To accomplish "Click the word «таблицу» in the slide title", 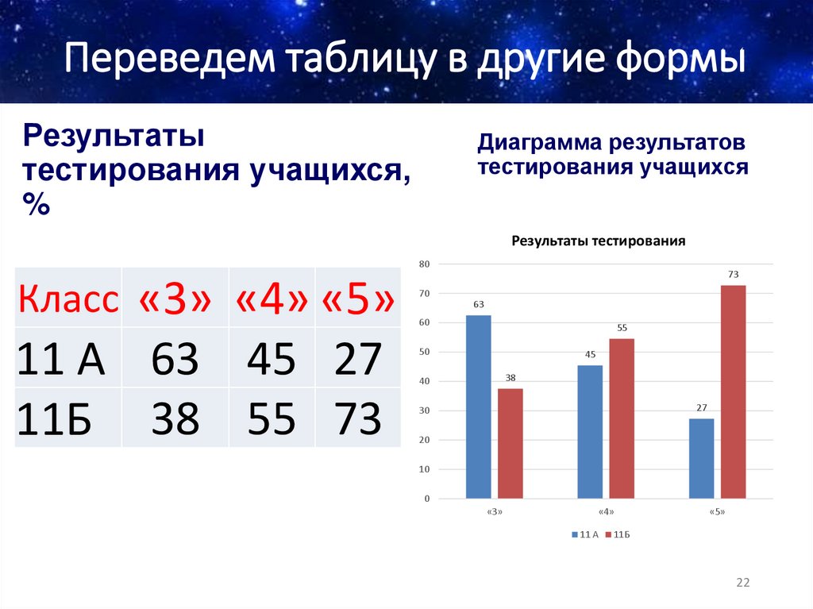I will pos(364,62).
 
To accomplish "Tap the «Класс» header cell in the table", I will pos(68,299).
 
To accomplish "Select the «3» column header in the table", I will pos(175,299).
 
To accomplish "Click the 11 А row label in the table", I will pos(61,359).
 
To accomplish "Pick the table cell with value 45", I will pos(272,359).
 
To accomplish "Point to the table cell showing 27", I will pos(357,359).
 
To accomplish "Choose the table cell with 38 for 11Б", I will pos(175,418).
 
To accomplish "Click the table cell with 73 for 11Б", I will pos(357,418).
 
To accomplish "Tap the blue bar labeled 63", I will pos(478,407).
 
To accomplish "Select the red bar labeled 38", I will pos(511,443).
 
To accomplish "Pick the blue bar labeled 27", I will pos(701,458).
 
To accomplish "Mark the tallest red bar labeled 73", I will pos(733,391).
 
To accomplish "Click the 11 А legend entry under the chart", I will pos(584,535).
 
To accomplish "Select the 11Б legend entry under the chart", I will pos(618,535).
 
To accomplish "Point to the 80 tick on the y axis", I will pos(424,264).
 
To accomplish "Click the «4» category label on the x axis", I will pos(606,512).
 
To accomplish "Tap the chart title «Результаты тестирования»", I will pos(598,241).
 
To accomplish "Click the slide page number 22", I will pos(742,583).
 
